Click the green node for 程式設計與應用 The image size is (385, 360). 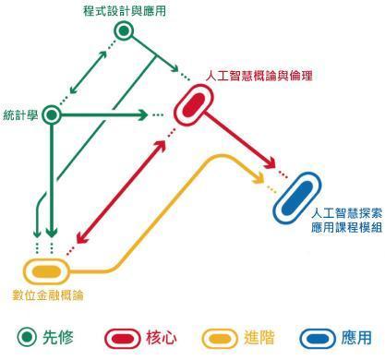click(124, 30)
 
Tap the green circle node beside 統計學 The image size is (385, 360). click(52, 114)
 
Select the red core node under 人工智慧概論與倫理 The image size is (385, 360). click(194, 105)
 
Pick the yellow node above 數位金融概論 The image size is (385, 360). click(47, 271)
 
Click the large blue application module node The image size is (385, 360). click(297, 198)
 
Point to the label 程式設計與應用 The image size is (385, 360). click(125, 11)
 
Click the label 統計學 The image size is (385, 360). click(20, 115)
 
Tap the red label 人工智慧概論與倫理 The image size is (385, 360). click(259, 76)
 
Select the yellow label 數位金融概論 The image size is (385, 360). click(48, 295)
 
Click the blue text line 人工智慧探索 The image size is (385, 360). click(346, 213)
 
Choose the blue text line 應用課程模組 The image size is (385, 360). click(346, 228)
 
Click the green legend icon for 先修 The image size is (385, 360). click(27, 337)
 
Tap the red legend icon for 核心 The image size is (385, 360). click(123, 339)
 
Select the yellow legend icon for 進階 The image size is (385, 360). click(221, 339)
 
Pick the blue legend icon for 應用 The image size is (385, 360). click(318, 339)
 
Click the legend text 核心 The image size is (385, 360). click(162, 338)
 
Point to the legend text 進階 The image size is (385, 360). click(259, 338)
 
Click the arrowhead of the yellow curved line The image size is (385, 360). click(259, 177)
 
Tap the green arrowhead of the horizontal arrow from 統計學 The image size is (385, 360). click(142, 114)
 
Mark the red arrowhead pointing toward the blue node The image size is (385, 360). click(270, 162)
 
